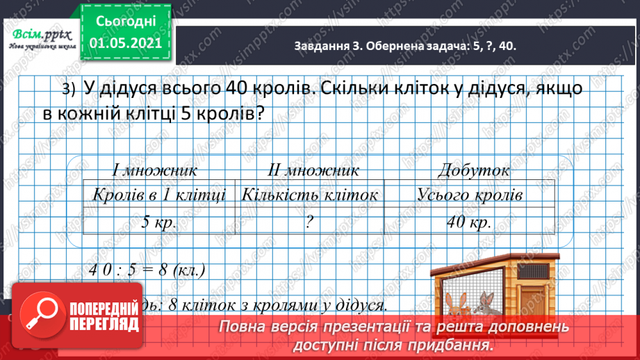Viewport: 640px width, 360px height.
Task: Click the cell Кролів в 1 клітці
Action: (x=159, y=195)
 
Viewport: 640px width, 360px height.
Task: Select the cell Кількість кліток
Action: (x=310, y=195)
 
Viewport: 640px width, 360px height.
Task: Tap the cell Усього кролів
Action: (x=470, y=195)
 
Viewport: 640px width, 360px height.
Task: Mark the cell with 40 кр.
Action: (x=470, y=222)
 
